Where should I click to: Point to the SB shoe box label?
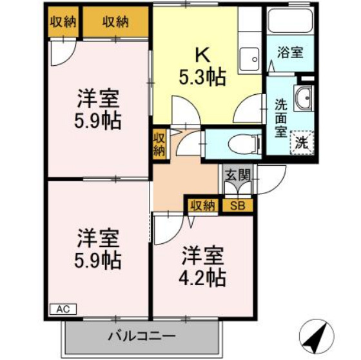(x=237, y=206)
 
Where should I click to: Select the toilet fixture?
(x=242, y=142)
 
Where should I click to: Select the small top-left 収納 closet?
(x=63, y=22)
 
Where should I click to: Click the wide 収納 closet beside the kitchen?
(x=116, y=22)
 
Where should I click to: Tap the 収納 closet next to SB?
(x=202, y=206)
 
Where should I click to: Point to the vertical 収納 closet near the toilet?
(x=159, y=143)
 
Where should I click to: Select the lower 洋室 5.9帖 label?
(x=98, y=248)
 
